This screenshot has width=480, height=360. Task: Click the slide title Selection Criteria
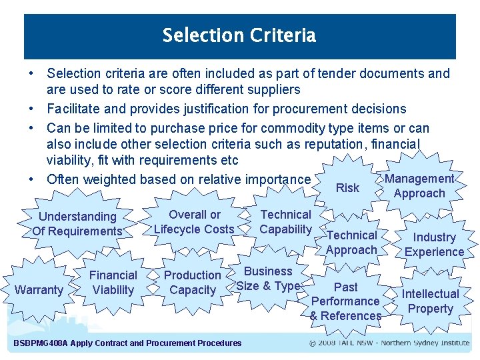239,35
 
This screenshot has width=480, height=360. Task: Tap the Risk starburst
347,188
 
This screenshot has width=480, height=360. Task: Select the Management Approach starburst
419,186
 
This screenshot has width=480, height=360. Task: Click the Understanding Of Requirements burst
77,224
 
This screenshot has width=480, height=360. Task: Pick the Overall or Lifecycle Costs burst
194,222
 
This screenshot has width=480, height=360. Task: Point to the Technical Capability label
285,222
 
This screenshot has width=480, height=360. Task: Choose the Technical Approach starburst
351,243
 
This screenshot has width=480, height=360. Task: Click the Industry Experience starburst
434,245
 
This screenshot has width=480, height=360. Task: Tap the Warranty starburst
38,290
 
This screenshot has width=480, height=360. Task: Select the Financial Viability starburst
113,283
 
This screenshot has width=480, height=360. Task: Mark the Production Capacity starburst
193,283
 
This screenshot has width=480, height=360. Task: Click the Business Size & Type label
268,279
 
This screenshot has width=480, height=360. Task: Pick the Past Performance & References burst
345,301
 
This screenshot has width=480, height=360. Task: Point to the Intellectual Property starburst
430,301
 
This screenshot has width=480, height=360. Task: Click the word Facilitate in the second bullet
72,109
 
